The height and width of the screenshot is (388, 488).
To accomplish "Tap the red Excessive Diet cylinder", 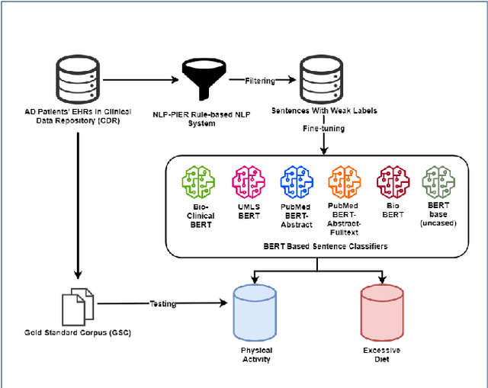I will [x=381, y=313].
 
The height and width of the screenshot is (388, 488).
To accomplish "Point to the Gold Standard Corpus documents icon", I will [x=77, y=303].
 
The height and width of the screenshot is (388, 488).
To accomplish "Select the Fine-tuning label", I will [x=323, y=129].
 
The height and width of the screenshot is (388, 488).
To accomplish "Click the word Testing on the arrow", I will [x=162, y=303].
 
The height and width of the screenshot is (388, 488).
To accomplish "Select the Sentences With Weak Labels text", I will [x=324, y=111].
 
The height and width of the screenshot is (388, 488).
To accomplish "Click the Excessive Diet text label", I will [x=381, y=354].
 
